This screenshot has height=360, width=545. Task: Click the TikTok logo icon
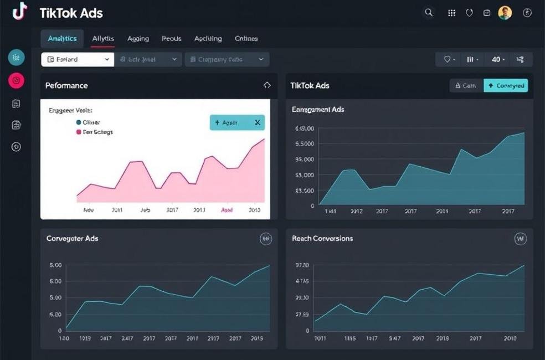(19, 12)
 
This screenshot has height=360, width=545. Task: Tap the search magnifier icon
(429, 13)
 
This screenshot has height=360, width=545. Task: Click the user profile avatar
(505, 13)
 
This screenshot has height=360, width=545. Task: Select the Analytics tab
(62, 39)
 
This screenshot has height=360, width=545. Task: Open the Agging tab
(138, 39)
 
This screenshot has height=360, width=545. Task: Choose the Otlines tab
(246, 39)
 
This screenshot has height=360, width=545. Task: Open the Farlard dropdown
(77, 59)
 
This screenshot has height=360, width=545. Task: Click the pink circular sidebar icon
(17, 80)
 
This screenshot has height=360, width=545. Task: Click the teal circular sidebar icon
(17, 57)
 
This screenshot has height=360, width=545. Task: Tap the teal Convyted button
(506, 85)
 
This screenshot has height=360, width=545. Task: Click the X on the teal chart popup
(258, 122)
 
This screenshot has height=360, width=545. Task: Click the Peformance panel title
(66, 85)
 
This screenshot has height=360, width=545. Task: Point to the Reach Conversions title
(322, 239)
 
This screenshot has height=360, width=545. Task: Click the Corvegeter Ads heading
(73, 239)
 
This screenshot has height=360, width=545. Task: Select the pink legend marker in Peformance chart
(79, 132)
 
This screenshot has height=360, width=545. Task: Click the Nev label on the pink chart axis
(88, 210)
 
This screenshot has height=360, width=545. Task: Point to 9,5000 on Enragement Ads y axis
(305, 144)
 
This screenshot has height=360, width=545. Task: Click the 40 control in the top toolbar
(497, 59)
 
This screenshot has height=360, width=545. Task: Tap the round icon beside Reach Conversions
(520, 239)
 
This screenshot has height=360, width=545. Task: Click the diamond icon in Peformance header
(267, 85)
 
